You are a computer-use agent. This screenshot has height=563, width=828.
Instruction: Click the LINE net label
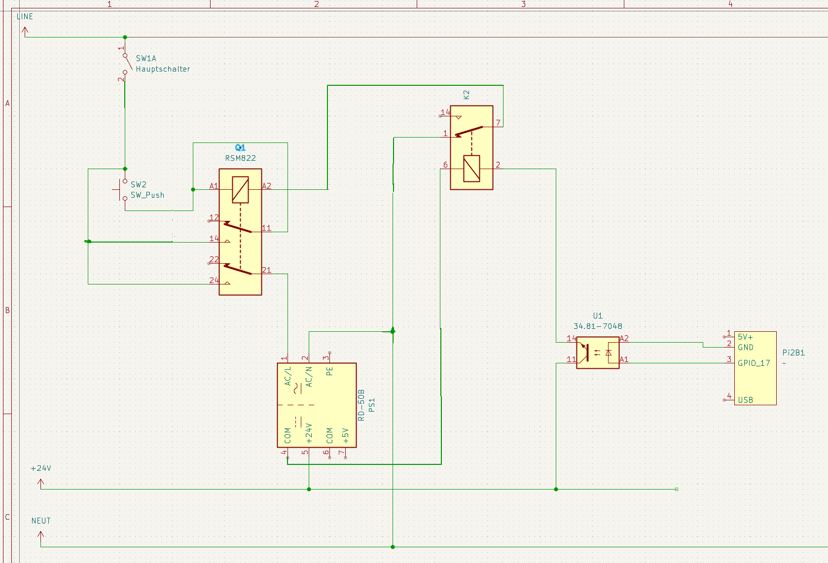[25, 16]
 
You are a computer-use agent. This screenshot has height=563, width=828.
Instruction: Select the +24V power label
[41, 468]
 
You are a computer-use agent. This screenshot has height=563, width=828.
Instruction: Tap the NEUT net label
[41, 521]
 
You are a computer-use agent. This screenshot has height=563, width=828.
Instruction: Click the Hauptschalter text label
[163, 69]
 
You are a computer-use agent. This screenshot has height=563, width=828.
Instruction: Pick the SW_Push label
[147, 195]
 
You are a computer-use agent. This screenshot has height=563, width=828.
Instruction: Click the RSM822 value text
[240, 158]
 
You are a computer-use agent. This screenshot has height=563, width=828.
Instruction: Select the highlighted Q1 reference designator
[240, 147]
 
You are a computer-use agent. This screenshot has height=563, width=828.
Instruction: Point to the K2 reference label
[467, 94]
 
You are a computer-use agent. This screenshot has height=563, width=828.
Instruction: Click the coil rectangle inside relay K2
[471, 169]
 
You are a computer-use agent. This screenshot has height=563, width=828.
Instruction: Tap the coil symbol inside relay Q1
[240, 190]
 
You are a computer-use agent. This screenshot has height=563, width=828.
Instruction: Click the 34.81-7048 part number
[598, 326]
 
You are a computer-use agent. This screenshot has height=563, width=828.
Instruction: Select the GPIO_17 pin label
[754, 363]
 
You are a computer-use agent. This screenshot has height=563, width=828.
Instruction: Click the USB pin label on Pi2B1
[745, 400]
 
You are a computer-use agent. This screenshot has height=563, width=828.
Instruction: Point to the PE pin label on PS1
[329, 371]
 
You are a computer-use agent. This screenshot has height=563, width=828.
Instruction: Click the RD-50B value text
[361, 405]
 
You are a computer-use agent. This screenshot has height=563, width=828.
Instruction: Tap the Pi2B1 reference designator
[793, 352]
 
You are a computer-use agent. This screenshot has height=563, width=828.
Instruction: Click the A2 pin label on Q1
[266, 186]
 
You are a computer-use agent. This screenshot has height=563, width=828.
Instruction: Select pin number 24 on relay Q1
[214, 280]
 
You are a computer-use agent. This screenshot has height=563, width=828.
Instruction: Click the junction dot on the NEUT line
[393, 547]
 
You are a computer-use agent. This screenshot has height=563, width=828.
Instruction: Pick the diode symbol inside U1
[609, 352]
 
